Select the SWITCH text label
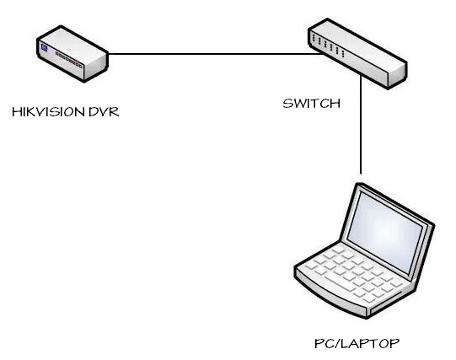coord(312,104)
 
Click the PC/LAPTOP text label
coord(357,343)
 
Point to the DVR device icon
coord(72,54)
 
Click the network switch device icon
coord(357,54)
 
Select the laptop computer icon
coord(364,250)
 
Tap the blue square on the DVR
coord(44,48)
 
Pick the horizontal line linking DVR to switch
coord(216,54)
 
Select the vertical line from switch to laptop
coord(361,125)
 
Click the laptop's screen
coord(385,232)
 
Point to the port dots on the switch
coord(328,46)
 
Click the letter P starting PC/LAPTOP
coord(319,344)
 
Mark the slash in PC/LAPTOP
coord(338,344)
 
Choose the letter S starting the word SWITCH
coord(287,104)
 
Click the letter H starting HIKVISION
coord(16,112)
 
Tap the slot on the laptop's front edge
coord(386,303)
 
